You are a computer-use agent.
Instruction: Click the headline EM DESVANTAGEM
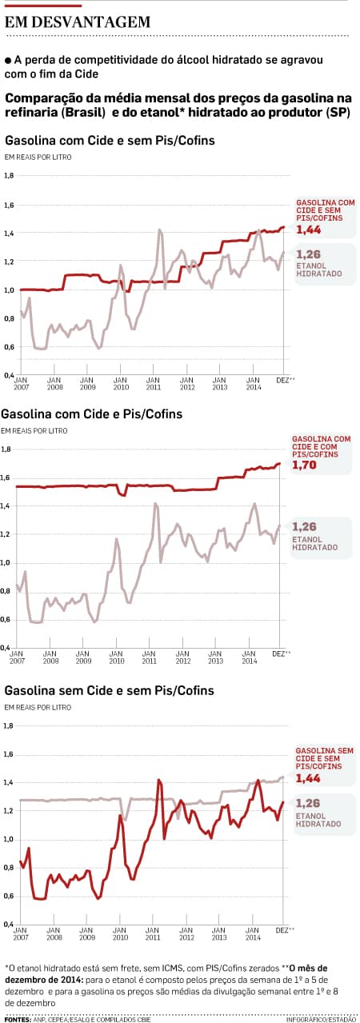tap(78, 22)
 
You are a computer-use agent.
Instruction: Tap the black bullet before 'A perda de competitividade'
tap(8, 60)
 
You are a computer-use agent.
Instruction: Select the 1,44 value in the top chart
tap(309, 230)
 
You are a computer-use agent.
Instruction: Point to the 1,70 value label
tap(304, 466)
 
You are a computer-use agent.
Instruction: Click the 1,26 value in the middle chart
tap(304, 526)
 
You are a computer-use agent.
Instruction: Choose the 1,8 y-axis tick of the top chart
tap(9, 175)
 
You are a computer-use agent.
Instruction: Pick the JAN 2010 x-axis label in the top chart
tap(120, 384)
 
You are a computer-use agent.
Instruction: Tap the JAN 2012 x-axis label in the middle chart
tap(182, 657)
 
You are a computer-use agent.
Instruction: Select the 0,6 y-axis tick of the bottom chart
tap(9, 896)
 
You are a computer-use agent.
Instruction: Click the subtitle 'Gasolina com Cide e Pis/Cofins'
tap(91, 414)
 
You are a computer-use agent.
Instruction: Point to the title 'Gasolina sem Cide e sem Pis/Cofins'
tap(109, 690)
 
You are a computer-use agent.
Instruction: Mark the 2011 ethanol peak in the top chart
tap(160, 231)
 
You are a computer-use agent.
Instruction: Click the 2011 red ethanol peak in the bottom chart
tap(159, 781)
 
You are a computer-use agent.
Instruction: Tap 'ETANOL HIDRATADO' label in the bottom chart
tap(318, 820)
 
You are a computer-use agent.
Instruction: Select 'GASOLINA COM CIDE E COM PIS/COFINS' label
tap(321, 446)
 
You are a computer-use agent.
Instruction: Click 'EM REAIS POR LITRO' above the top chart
tap(38, 157)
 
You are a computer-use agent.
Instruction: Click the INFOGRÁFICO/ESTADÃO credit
tap(321, 1019)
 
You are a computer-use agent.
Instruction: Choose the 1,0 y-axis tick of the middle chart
tap(6, 563)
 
